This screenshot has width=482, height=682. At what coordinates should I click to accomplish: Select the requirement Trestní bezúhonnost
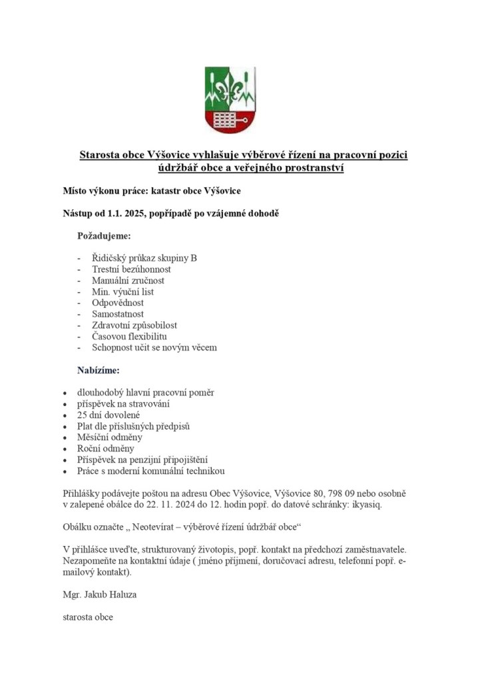coord(131,269)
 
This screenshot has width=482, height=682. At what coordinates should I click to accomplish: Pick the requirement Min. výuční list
coord(123,291)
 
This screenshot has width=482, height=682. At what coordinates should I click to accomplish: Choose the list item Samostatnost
coord(118,314)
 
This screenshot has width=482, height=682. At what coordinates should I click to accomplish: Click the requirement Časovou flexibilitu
coord(129,336)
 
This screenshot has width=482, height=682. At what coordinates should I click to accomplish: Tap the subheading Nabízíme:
coord(99,369)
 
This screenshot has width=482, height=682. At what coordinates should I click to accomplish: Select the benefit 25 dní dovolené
coord(109,415)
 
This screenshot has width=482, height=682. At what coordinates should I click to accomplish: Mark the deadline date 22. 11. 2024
coord(172,505)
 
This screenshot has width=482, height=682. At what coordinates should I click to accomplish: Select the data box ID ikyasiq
coord(365,505)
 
